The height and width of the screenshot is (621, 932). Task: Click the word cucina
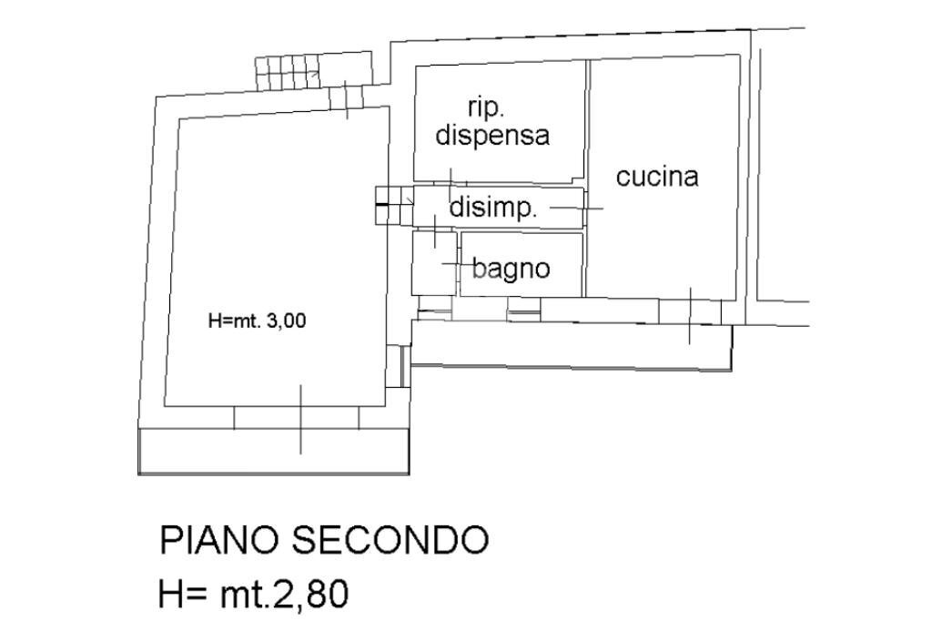click(x=657, y=177)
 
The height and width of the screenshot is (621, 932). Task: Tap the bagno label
click(x=511, y=269)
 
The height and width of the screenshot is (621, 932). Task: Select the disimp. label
click(x=493, y=209)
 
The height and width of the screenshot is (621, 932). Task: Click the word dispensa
click(x=492, y=136)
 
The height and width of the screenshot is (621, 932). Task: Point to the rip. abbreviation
click(x=487, y=107)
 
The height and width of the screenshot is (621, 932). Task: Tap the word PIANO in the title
click(x=219, y=541)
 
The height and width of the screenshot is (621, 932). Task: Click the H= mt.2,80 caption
click(x=253, y=595)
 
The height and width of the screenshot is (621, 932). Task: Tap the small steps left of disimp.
click(x=394, y=204)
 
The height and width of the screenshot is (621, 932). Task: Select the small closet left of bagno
click(x=433, y=262)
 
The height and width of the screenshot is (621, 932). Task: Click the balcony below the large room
click(x=273, y=451)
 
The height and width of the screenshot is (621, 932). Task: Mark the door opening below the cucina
click(x=689, y=312)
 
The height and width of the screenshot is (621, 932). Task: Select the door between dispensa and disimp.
click(x=450, y=180)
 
